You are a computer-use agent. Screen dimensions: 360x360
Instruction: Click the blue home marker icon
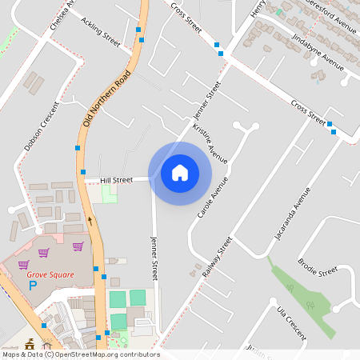[180, 172]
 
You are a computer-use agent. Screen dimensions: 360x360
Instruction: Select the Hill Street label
[116, 180]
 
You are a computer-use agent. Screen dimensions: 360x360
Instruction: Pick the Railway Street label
[216, 258]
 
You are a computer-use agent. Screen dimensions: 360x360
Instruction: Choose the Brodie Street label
[318, 268]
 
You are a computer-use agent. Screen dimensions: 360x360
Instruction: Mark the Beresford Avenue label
[328, 17]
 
